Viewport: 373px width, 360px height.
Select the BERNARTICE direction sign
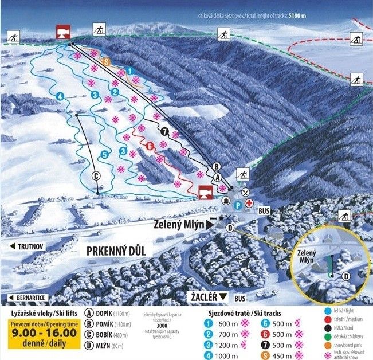click(x=29, y=298)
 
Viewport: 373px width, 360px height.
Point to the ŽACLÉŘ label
click(x=205, y=296)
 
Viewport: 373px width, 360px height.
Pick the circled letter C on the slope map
click(x=96, y=175)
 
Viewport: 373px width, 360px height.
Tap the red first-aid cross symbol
click(x=249, y=203)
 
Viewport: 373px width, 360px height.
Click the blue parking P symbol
click(x=238, y=204)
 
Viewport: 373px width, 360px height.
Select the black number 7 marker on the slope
click(x=165, y=131)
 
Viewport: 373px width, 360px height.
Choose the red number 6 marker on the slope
click(x=150, y=146)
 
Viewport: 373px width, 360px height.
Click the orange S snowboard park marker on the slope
click(x=105, y=61)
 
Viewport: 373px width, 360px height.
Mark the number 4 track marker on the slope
click(x=60, y=96)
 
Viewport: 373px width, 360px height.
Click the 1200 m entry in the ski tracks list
click(x=226, y=345)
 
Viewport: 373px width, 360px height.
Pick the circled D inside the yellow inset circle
click(x=346, y=276)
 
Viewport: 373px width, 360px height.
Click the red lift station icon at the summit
click(x=63, y=32)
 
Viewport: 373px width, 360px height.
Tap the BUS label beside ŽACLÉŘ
click(x=239, y=299)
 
